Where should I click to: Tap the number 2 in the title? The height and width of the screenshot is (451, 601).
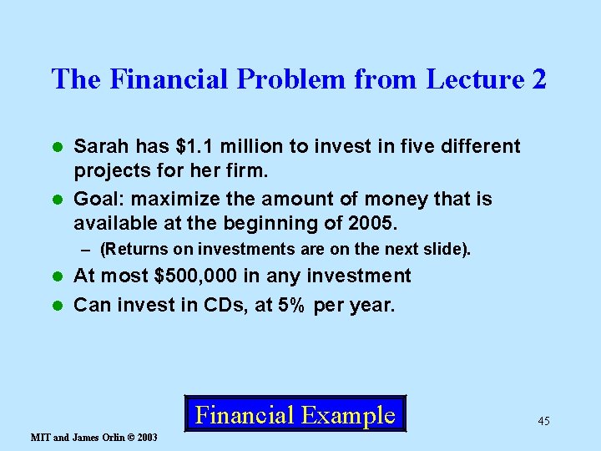point(538,79)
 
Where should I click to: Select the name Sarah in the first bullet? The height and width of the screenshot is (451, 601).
point(98,147)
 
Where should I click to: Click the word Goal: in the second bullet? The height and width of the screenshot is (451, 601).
point(98,199)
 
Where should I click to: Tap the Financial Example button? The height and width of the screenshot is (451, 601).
point(295,414)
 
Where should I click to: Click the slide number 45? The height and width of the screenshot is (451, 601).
point(543,421)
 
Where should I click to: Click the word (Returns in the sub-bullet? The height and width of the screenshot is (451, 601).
point(128,249)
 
